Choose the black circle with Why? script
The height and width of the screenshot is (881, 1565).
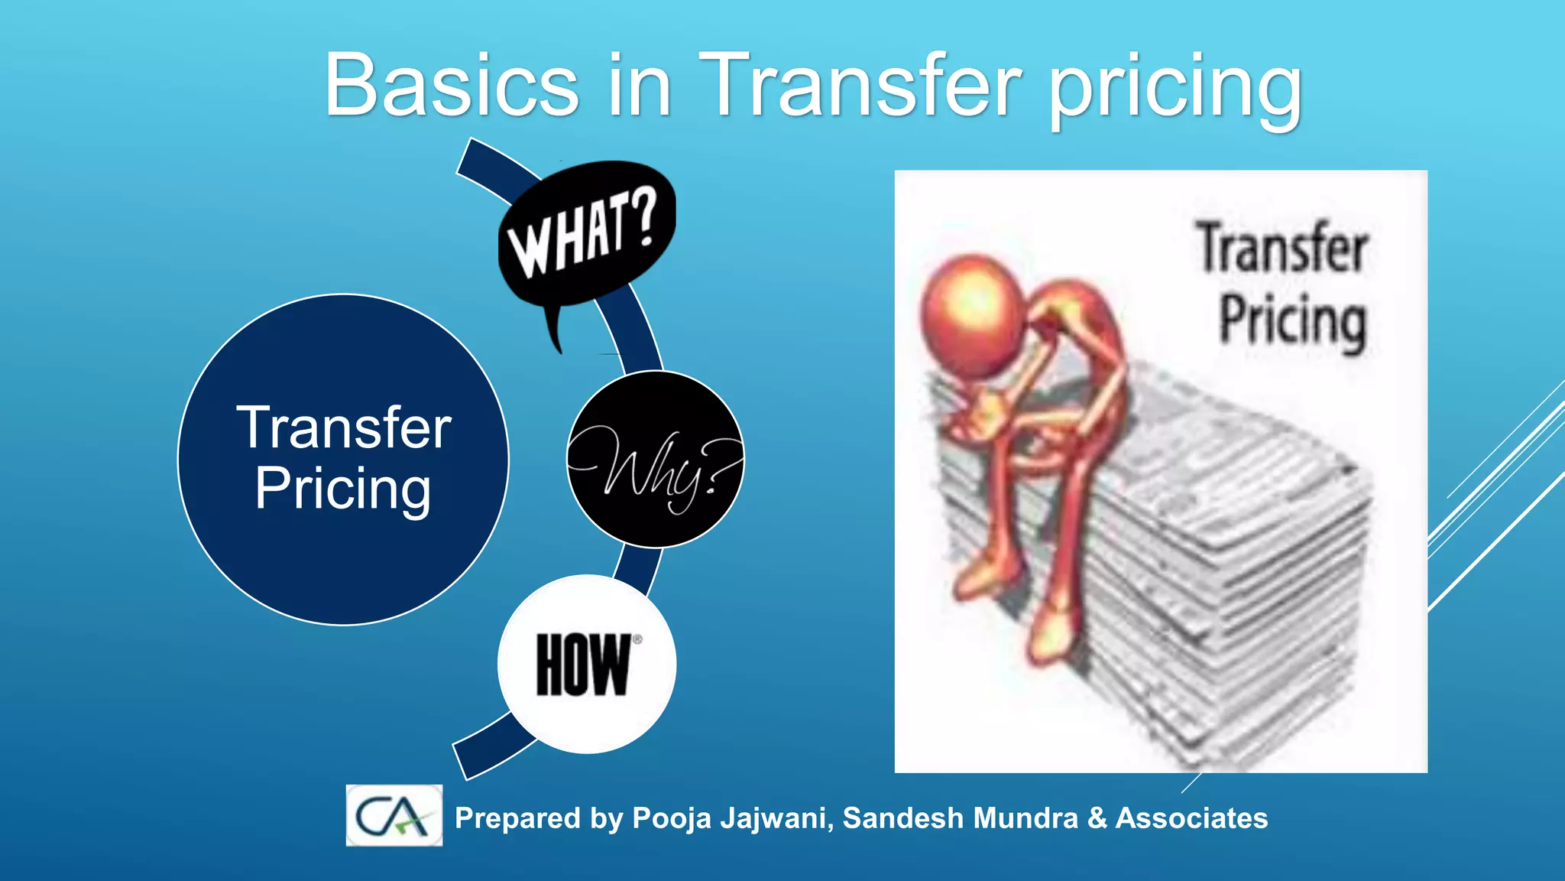[x=656, y=459]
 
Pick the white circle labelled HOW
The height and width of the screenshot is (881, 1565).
[x=587, y=664]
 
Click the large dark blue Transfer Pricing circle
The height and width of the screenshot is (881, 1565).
[x=343, y=459]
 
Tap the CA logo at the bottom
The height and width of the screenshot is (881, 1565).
[x=394, y=815]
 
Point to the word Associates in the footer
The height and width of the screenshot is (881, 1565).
[x=1191, y=818]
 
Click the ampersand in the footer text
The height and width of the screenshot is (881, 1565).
[x=1097, y=818]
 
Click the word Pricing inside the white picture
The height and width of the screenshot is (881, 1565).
[x=1292, y=321]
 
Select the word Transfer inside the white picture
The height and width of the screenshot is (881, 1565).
[x=1282, y=249]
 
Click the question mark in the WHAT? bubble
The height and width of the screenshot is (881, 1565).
[x=643, y=218]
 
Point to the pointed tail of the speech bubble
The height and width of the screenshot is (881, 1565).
[x=555, y=336]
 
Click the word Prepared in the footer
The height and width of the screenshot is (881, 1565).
[x=517, y=818]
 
